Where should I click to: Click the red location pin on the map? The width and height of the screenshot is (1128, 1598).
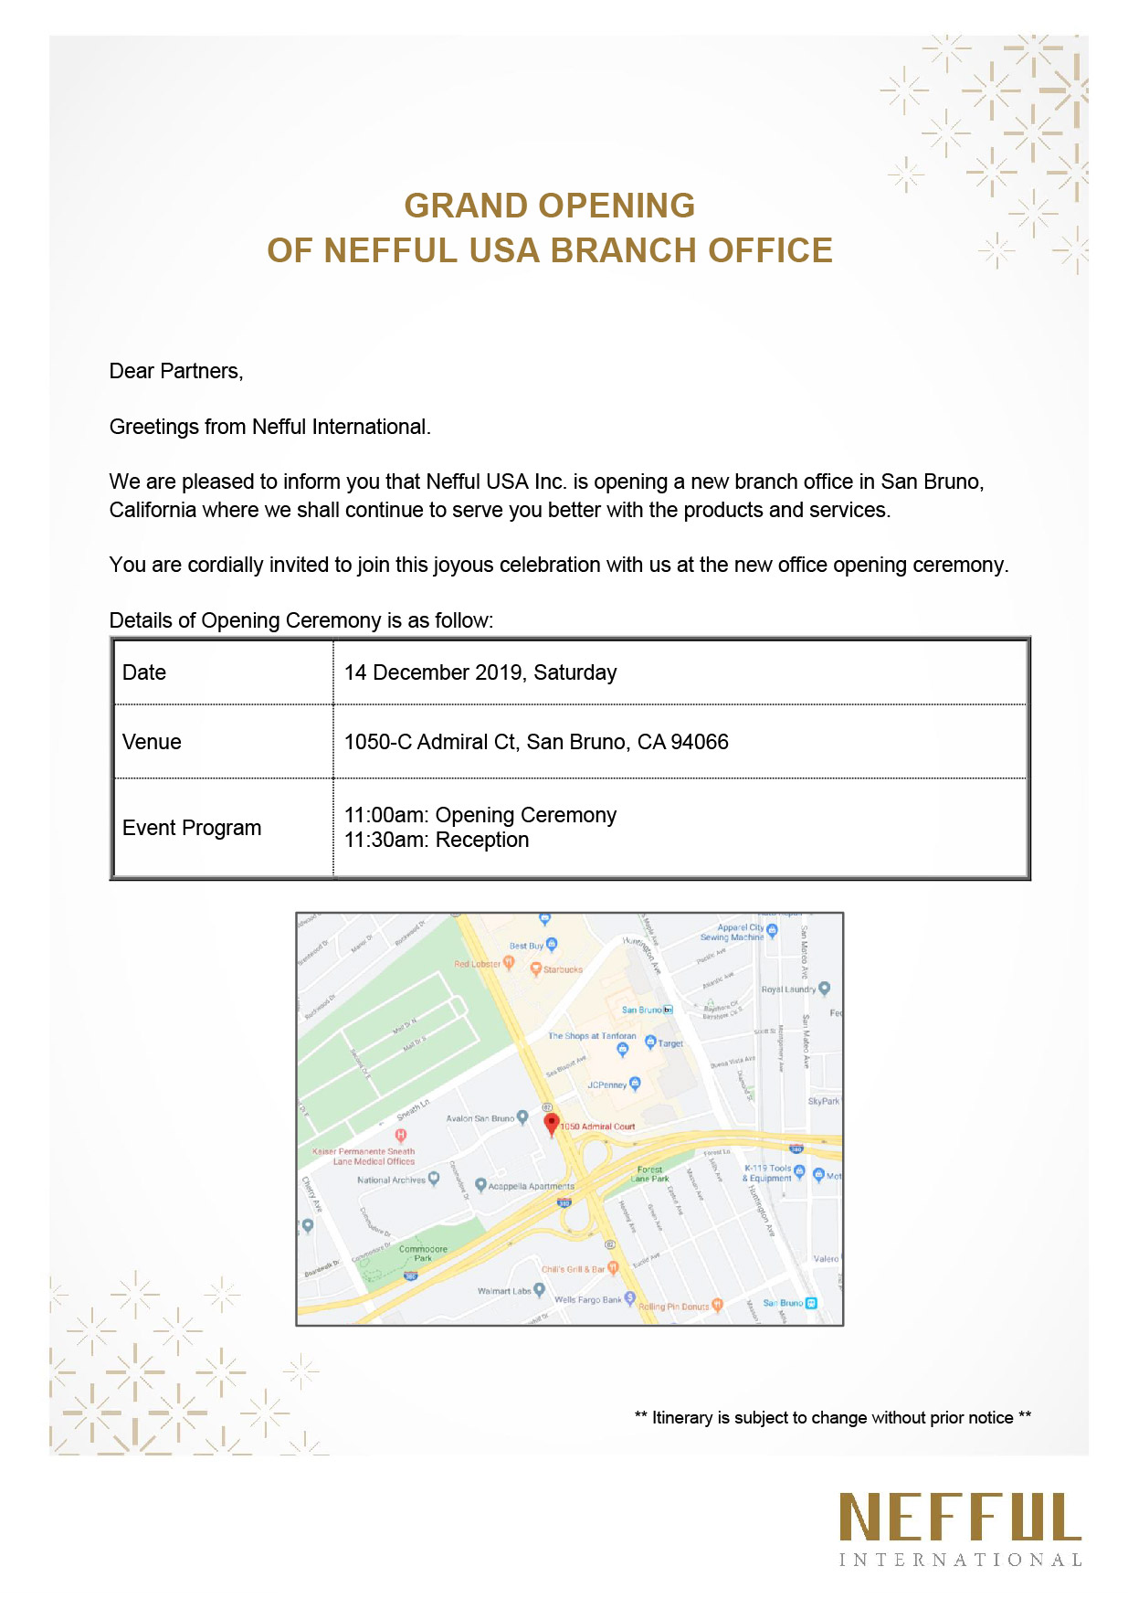coord(551,1124)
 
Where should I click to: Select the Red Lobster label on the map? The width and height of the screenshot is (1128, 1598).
coord(478,964)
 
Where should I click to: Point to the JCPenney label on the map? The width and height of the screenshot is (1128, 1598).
coord(607,1085)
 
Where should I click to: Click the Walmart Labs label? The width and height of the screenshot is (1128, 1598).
coord(504,1291)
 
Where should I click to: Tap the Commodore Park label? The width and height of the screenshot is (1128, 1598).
coord(423,1254)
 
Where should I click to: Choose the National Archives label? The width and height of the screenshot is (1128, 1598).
coord(391,1180)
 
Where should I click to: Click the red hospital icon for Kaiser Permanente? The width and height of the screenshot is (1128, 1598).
coord(400,1136)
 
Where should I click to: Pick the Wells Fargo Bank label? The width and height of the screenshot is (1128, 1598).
coord(587,1299)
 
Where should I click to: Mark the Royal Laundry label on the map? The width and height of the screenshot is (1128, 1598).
coord(788,989)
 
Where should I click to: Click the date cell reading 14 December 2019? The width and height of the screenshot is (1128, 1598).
coord(480,672)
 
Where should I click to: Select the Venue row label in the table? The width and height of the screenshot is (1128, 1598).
coord(152,742)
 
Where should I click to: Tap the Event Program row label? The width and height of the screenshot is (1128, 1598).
coord(192,828)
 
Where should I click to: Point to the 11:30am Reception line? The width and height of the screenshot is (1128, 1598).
coord(437,841)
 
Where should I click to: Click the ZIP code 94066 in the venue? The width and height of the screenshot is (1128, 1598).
coord(700,742)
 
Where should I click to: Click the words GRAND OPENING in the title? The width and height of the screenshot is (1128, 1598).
coord(549,206)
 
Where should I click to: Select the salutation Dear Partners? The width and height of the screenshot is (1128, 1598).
coord(176,371)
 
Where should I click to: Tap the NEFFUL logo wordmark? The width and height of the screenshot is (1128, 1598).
coord(960,1518)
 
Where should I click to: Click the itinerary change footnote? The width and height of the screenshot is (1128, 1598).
coord(832,1417)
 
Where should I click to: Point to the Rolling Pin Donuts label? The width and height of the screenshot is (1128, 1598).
coord(673,1307)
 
